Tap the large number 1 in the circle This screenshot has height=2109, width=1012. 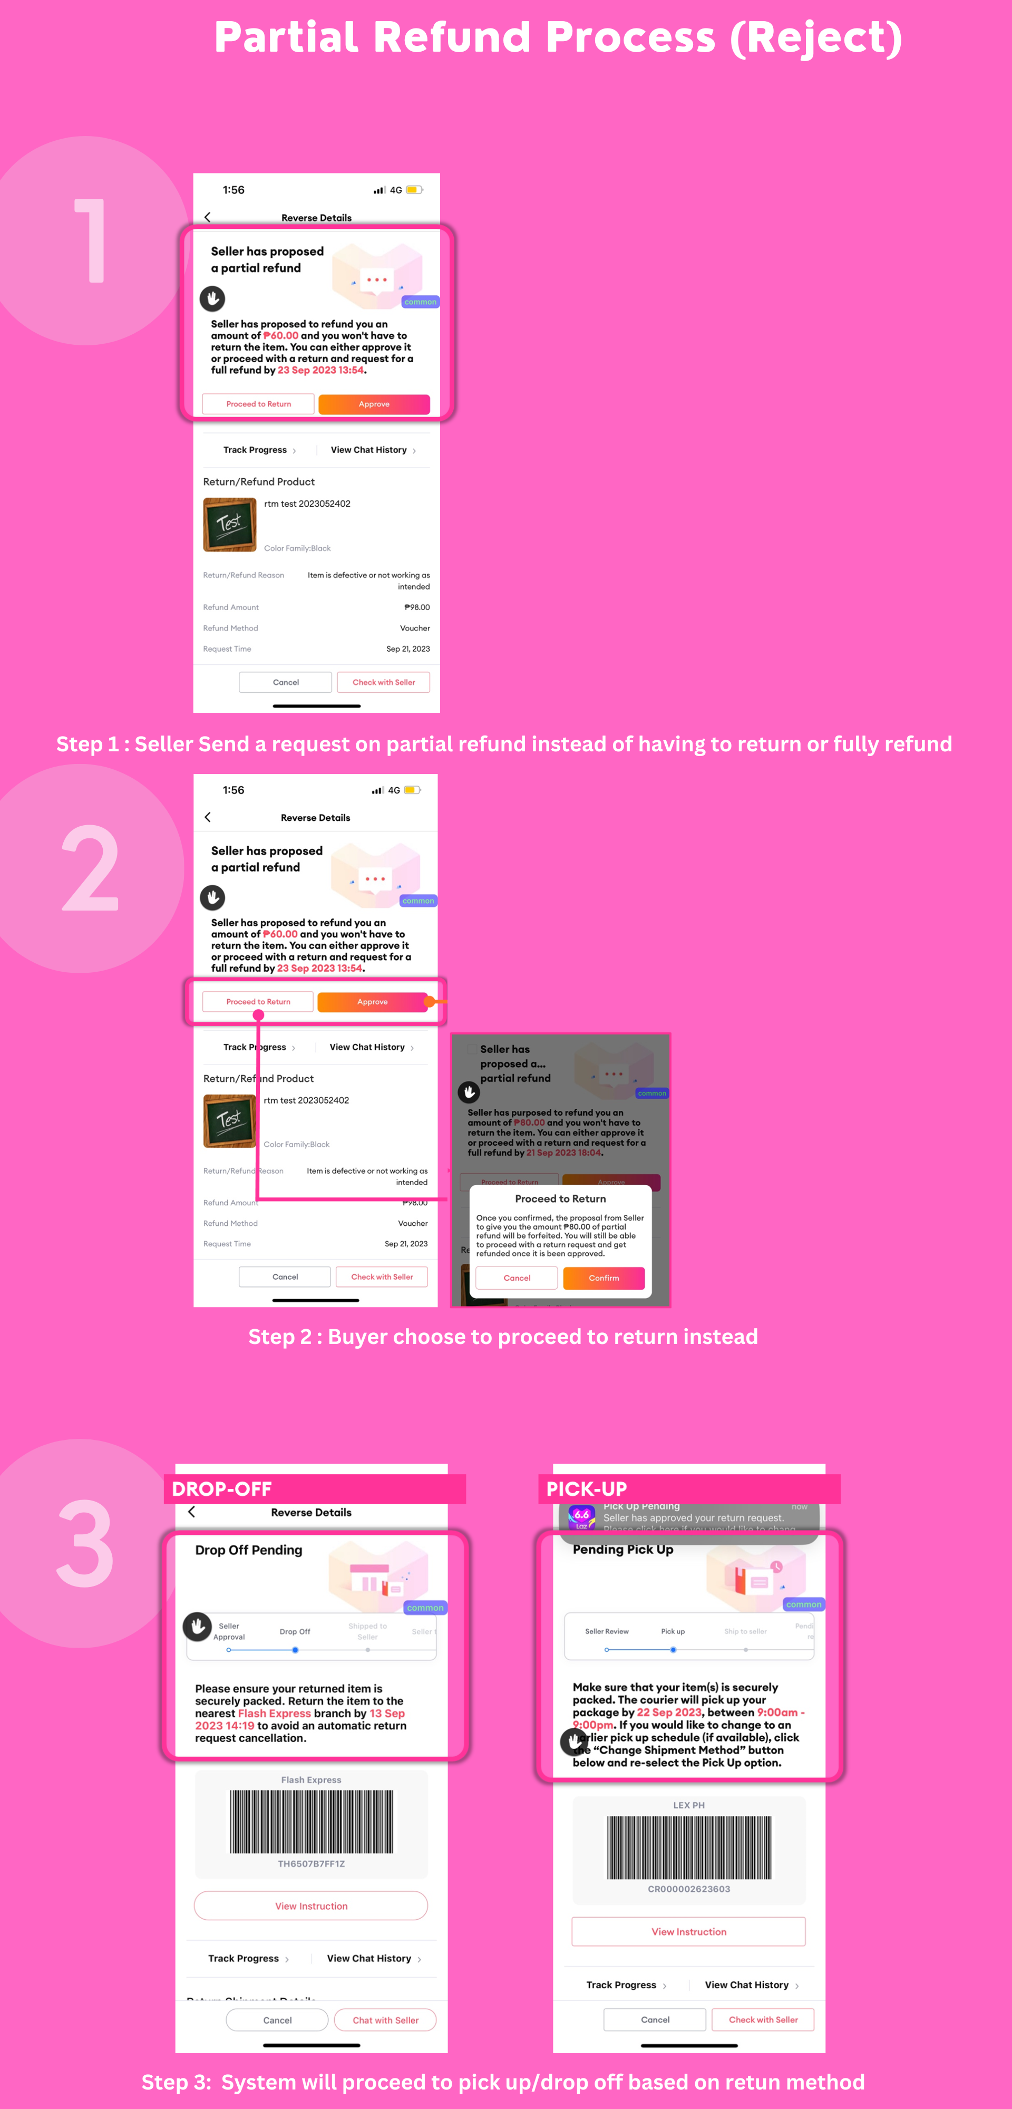coord(91,241)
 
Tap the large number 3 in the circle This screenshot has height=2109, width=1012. coord(85,1543)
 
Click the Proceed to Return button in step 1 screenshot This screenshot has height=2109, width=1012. coord(259,404)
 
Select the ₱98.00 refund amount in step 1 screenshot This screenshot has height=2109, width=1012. coord(417,607)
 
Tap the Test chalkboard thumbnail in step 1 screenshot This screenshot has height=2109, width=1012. coord(229,524)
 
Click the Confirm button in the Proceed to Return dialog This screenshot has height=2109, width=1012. coord(604,1278)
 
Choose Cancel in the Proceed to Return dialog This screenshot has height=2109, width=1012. coord(517,1278)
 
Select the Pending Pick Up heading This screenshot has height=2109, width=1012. coord(623,1550)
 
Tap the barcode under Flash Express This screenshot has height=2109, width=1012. coord(311,1822)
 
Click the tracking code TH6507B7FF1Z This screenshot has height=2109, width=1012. coord(311,1864)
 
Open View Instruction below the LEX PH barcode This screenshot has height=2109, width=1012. coord(688,1931)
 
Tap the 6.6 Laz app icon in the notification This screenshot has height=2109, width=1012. coord(581,1516)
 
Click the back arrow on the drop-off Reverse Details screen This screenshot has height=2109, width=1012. coord(191,1512)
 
